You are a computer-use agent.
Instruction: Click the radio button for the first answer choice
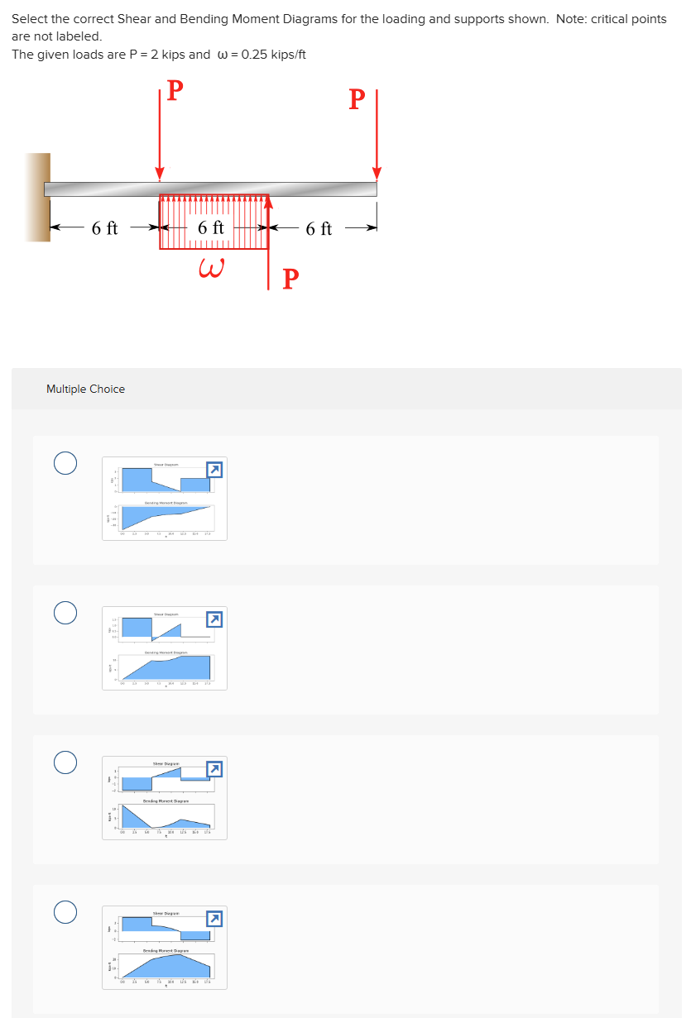click(x=66, y=463)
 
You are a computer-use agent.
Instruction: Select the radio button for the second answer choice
click(x=66, y=613)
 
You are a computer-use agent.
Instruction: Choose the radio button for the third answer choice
click(x=66, y=762)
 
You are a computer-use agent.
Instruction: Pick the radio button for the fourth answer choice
click(x=66, y=912)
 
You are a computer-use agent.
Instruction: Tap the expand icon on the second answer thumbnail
click(x=214, y=619)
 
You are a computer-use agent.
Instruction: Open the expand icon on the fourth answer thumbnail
click(x=214, y=919)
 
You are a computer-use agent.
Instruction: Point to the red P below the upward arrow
click(x=290, y=279)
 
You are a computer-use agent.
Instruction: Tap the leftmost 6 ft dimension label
click(x=105, y=228)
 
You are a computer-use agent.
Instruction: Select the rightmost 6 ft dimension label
click(x=319, y=229)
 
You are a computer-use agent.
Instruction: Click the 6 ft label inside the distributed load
click(x=211, y=227)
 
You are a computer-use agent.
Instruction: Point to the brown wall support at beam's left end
click(x=37, y=197)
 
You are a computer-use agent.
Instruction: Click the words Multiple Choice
click(x=86, y=389)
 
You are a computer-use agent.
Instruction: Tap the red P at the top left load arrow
click(x=175, y=89)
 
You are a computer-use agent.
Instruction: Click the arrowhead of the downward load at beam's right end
click(x=377, y=174)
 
